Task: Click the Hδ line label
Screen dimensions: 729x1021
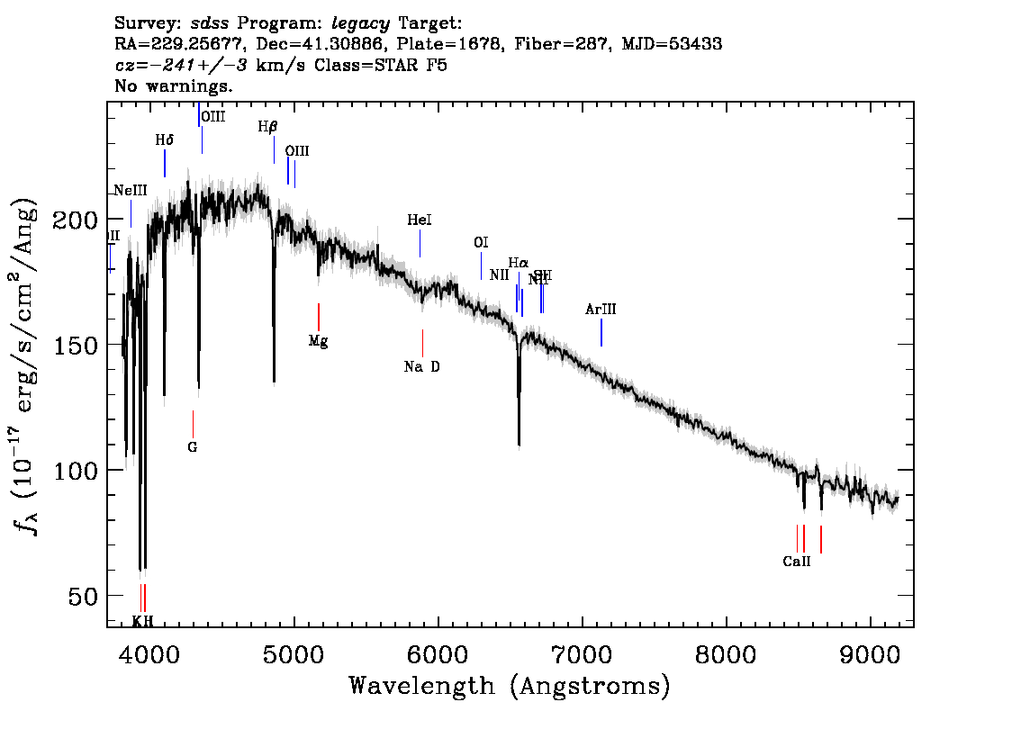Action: coord(164,140)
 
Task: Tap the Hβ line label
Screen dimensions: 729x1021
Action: coord(267,128)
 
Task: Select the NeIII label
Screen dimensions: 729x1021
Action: coord(131,190)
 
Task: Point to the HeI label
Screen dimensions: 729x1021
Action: coord(420,220)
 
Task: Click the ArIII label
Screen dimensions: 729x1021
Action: coord(601,310)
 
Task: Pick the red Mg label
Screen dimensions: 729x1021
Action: coord(318,341)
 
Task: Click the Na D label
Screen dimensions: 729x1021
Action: coord(422,366)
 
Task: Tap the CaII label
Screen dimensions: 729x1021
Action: coord(797,561)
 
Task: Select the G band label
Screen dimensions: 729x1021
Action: coord(192,446)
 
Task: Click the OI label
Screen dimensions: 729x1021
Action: coord(481,243)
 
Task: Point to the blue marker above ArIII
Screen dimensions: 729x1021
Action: coord(601,332)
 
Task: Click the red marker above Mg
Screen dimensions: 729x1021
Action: coord(319,317)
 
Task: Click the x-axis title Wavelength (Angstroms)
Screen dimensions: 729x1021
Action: coord(510,686)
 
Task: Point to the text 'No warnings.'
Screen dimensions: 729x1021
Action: coord(175,86)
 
